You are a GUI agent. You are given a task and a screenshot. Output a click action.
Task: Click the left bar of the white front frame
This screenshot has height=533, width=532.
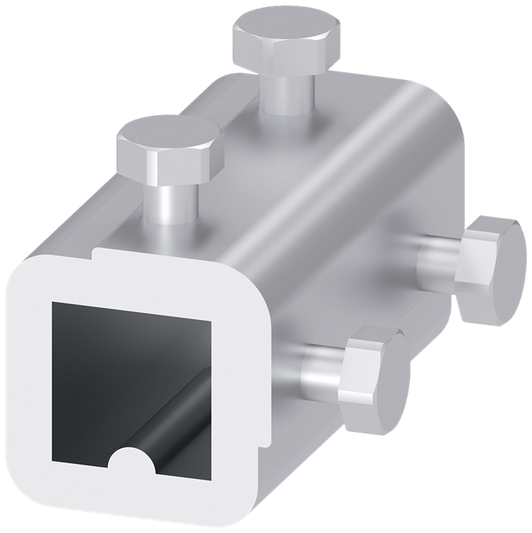click(27, 381)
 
